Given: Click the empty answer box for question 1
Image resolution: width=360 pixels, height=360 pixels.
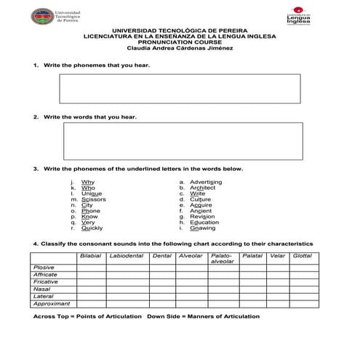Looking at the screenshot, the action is click(x=179, y=88).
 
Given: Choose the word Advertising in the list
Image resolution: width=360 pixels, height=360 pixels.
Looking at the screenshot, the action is click(x=206, y=182).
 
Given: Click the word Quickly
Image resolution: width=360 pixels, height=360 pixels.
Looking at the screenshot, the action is click(x=92, y=228).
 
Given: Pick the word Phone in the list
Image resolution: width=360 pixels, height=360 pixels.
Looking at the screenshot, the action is click(x=91, y=211).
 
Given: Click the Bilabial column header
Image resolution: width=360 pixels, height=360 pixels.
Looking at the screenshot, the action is click(x=90, y=256).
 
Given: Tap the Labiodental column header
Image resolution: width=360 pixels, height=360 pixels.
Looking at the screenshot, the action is click(x=127, y=256).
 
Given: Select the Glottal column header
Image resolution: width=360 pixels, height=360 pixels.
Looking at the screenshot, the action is click(x=302, y=256).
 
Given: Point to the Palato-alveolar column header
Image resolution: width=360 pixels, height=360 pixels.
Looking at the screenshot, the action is click(x=222, y=258).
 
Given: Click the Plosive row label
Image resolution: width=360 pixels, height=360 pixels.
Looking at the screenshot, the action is click(x=44, y=268).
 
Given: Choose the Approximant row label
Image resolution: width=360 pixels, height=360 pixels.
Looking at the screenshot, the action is click(x=52, y=304).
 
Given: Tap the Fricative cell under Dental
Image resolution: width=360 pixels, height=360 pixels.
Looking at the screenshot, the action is click(x=162, y=282).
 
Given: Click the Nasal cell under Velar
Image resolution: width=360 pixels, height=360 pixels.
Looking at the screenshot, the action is click(x=277, y=289).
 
